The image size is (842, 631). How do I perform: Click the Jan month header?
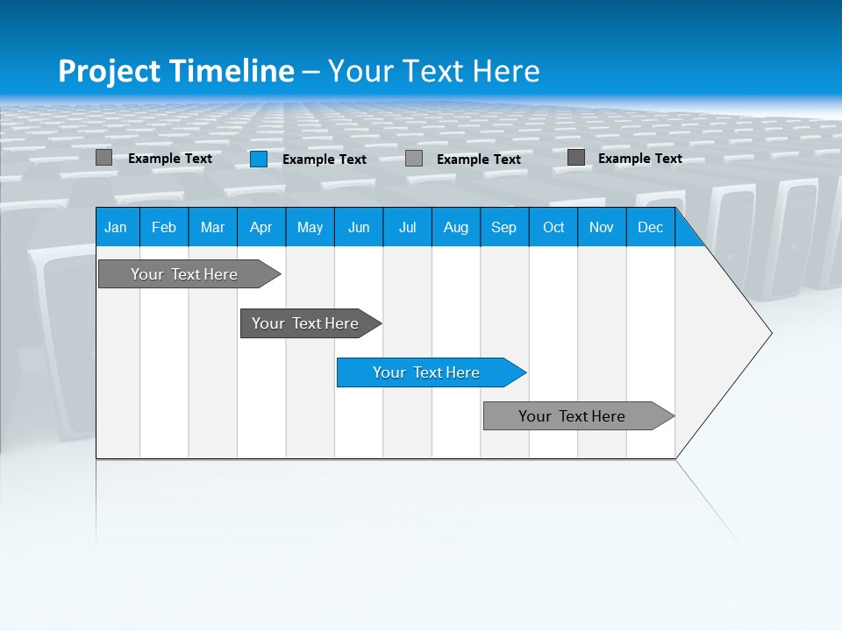point(116,228)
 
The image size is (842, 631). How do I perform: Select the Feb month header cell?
point(164,228)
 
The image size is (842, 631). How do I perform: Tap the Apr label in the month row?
point(260,228)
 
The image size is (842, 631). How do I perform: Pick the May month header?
point(310,228)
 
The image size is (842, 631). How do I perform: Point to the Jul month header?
point(407,228)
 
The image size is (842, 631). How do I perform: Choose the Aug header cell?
point(455,228)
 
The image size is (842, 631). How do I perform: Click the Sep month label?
point(503,228)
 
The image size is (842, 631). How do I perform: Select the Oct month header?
point(553,228)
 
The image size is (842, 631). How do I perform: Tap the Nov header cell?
point(602,228)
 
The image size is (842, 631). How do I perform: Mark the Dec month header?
point(650,228)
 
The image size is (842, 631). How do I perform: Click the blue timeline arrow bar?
point(431,372)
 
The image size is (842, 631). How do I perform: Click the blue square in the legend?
point(259,159)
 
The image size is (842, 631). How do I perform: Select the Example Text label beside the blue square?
point(324,160)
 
